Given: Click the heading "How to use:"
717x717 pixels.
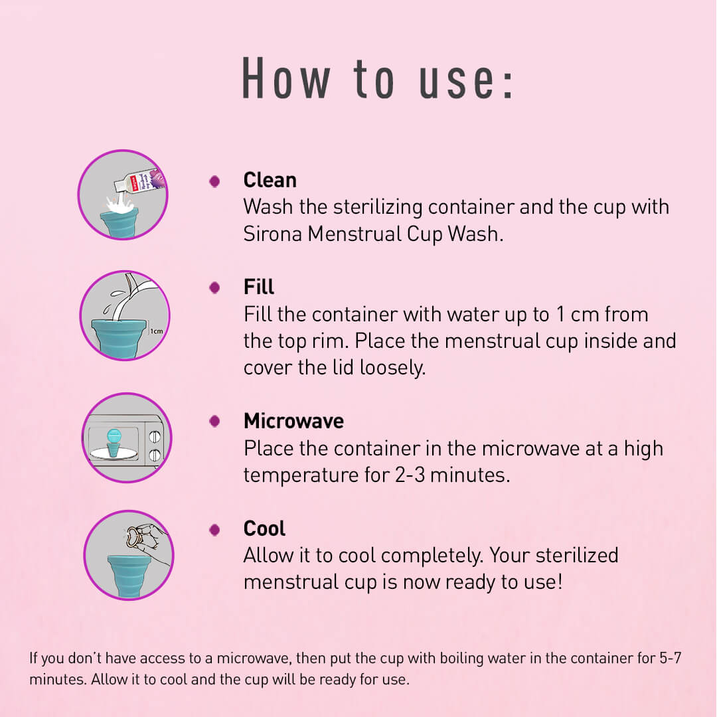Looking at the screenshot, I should pyautogui.click(x=376, y=78).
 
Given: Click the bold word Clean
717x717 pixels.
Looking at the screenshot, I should pyautogui.click(x=270, y=180).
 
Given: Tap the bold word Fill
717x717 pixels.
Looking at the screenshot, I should pyautogui.click(x=258, y=287).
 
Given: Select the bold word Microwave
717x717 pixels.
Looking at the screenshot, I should pyautogui.click(x=293, y=421).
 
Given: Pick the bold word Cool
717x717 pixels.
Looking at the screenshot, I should pyautogui.click(x=264, y=528).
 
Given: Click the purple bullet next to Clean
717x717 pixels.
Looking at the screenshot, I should pyautogui.click(x=214, y=181).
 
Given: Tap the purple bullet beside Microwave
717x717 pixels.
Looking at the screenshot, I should pyautogui.click(x=214, y=422).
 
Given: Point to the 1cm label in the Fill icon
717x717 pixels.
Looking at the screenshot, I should pyautogui.click(x=156, y=331).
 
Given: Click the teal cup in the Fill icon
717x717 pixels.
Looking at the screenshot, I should pyautogui.click(x=119, y=336).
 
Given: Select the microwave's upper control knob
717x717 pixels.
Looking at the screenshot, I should pyautogui.click(x=155, y=436).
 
